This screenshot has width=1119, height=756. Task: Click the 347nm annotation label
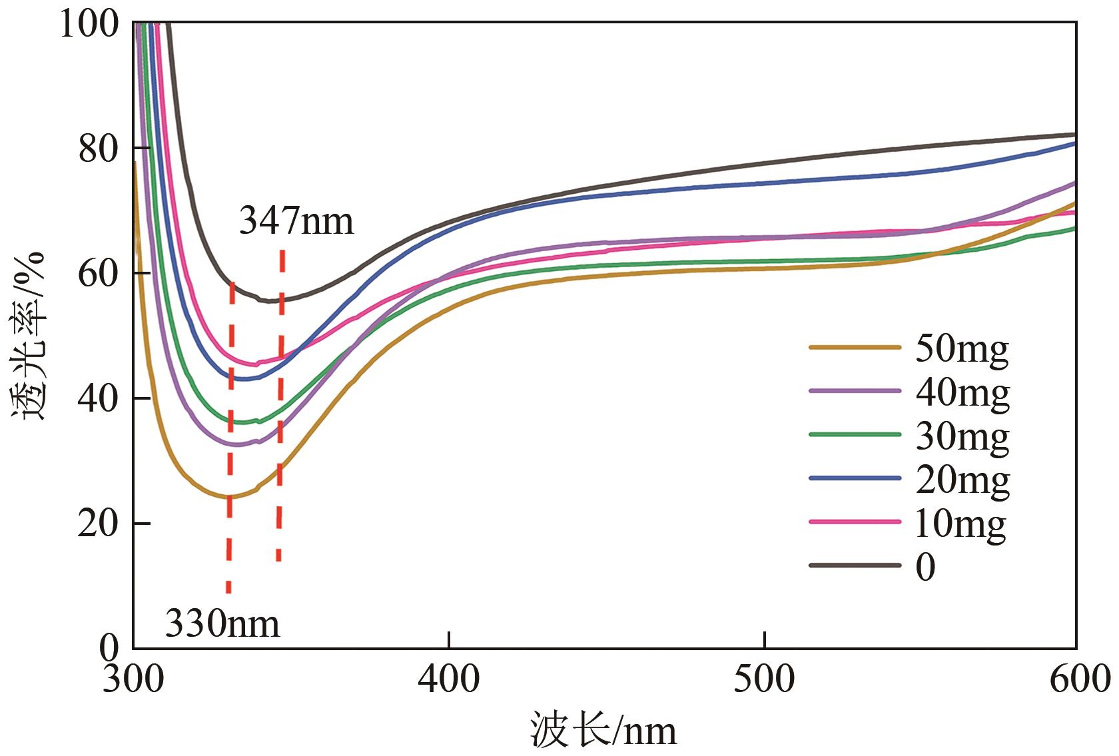coord(296,220)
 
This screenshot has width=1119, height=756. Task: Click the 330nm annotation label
coord(222,624)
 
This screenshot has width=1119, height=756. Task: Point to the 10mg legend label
coord(960,524)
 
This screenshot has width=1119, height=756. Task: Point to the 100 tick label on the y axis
coord(89,25)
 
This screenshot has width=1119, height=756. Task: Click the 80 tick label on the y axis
coord(99,149)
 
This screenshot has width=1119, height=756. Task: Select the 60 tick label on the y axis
coord(99,274)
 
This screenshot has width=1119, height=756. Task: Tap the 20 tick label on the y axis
coord(99,524)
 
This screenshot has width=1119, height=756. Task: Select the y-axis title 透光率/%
coord(28,336)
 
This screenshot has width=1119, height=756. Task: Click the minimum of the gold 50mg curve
coord(228,497)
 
